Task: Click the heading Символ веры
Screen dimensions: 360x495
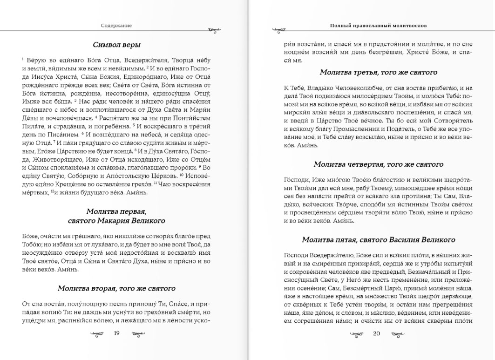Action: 116,45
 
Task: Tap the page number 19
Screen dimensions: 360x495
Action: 117,333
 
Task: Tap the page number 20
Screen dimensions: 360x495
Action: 377,333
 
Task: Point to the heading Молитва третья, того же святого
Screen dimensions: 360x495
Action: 378,72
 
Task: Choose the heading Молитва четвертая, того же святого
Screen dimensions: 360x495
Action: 378,164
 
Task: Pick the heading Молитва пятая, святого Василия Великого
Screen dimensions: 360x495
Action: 378,239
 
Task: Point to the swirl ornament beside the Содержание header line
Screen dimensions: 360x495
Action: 215,30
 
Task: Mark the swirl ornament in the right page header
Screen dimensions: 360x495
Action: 278,30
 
